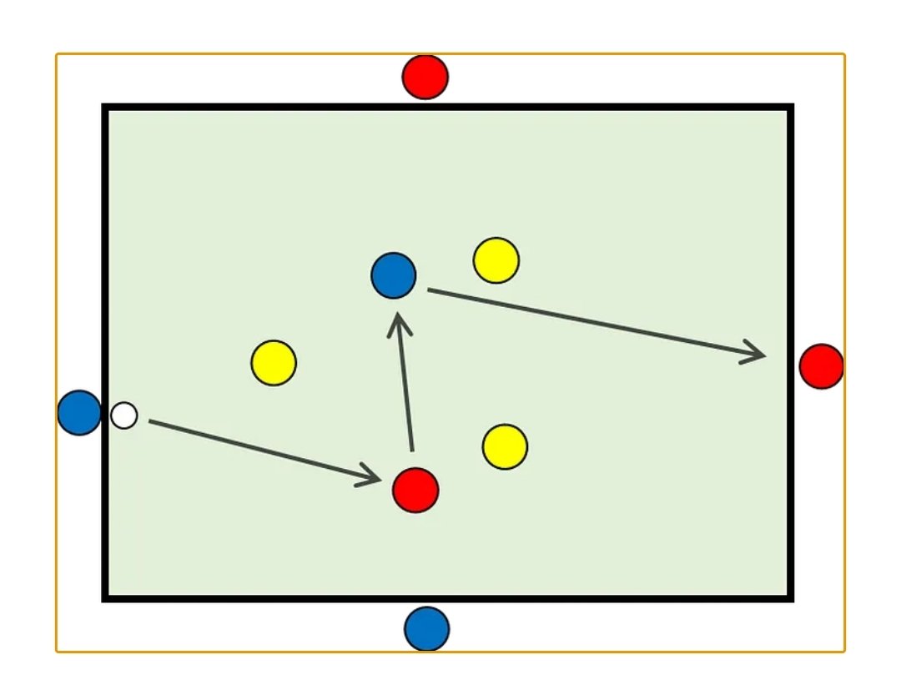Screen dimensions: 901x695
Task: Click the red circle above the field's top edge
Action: [x=425, y=77]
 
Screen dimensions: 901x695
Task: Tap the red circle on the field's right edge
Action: [x=822, y=365]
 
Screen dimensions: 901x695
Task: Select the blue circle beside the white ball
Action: [x=79, y=412]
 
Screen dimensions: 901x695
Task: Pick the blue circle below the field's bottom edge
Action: [x=427, y=629]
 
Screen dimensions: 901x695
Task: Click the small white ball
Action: [x=124, y=415]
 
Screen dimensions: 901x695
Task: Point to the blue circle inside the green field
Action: [x=394, y=275]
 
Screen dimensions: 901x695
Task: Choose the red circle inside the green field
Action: [x=415, y=490]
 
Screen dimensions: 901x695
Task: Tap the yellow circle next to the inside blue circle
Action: [x=496, y=260]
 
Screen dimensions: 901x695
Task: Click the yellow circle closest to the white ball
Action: [x=274, y=363]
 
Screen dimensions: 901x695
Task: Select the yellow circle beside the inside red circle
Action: [x=505, y=446]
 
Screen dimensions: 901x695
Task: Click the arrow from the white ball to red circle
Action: [x=259, y=450]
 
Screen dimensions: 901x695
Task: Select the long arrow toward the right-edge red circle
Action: [x=592, y=324]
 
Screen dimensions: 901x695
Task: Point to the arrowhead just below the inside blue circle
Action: [x=400, y=321]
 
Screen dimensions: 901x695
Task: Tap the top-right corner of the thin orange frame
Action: [x=843, y=56]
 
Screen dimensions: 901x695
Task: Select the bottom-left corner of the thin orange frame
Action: [x=58, y=650]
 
